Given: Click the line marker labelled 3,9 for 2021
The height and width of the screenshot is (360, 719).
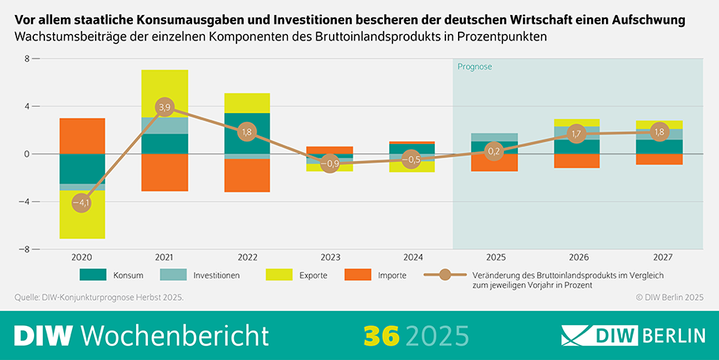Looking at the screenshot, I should coord(165,107).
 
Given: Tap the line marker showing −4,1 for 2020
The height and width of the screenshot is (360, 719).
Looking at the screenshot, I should coord(82,203).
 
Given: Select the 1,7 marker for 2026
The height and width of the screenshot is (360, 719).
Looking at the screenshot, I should coord(576,134).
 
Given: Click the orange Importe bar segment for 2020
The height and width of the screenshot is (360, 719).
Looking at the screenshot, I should coord(82,135).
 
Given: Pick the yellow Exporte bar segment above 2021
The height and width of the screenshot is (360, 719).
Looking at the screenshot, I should coord(165,93).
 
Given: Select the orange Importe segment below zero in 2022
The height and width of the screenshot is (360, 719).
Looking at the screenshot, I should coord(247,176).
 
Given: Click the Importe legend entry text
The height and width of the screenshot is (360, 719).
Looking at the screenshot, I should coord(392,275).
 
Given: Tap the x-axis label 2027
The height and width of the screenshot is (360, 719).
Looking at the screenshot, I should coord(658,257).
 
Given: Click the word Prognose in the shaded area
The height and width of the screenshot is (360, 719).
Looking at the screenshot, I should coord(475,67).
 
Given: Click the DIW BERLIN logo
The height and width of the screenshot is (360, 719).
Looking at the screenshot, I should coord(633,335).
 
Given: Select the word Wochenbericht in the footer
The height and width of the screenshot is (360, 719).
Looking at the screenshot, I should coord(175,335).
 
